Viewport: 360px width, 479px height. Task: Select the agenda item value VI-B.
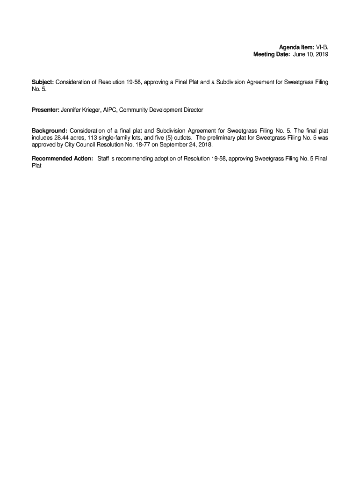322,47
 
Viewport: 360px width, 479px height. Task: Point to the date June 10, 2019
311,55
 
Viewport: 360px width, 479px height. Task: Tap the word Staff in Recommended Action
104,159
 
